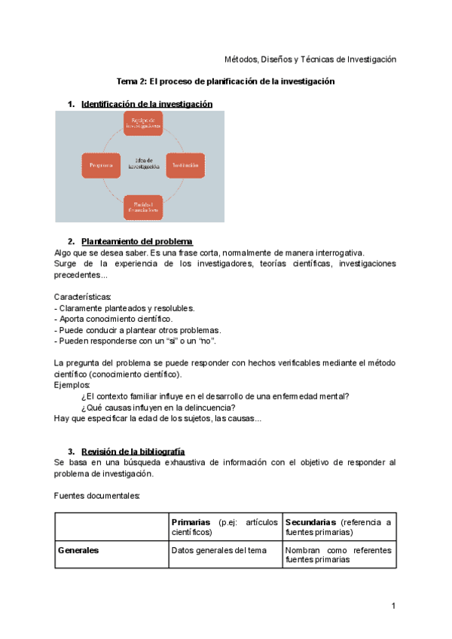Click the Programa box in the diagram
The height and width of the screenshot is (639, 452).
pyautogui.click(x=101, y=165)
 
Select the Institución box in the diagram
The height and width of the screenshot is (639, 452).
pyautogui.click(x=185, y=165)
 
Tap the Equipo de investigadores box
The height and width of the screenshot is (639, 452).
pyautogui.click(x=143, y=124)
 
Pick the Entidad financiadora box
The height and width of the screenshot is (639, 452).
pyautogui.click(x=143, y=206)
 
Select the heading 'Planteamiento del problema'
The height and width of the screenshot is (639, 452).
pyautogui.click(x=136, y=241)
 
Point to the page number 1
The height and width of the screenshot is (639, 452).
pyautogui.click(x=393, y=606)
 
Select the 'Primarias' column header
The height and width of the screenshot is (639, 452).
pyautogui.click(x=191, y=522)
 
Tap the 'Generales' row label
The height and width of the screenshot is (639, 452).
pyautogui.click(x=78, y=550)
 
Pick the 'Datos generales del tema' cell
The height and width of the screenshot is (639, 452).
pyautogui.click(x=218, y=550)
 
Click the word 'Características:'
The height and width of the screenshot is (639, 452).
pyautogui.click(x=83, y=296)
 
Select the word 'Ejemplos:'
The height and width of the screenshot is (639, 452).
pyautogui.click(x=72, y=385)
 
